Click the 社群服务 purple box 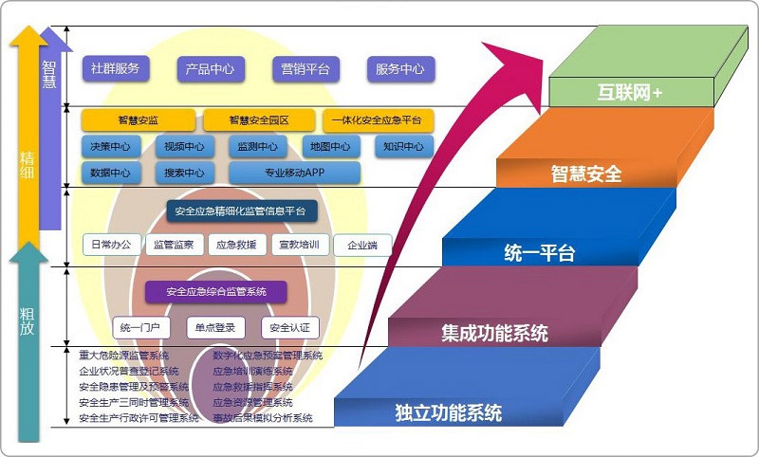[x=115, y=68]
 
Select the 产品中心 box [x=211, y=69]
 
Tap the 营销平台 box [x=305, y=69]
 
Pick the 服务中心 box [x=400, y=69]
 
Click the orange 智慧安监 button [x=138, y=120]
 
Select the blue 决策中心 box [x=110, y=147]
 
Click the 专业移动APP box [x=295, y=173]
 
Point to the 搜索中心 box [x=184, y=173]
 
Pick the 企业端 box [x=361, y=246]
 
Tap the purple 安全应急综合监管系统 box [x=215, y=291]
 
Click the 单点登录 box [x=215, y=327]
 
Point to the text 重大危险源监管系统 [x=124, y=356]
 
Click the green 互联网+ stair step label [x=630, y=93]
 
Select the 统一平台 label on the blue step [x=539, y=253]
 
